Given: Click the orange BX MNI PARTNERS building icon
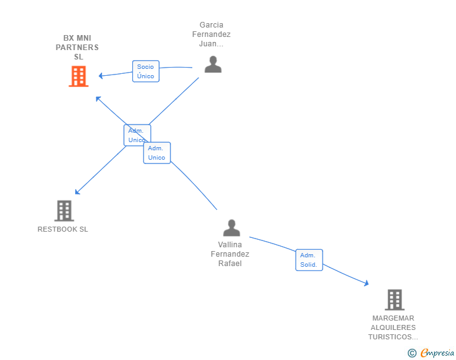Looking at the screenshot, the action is point(78,76).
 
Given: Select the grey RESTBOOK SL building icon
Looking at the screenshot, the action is point(65,211).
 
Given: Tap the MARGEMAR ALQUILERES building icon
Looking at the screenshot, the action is point(395,300).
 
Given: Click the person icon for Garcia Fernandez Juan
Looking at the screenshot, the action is point(213,64).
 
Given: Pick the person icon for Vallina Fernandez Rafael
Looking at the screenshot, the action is point(232,228).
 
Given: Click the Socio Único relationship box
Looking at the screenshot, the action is point(146,71).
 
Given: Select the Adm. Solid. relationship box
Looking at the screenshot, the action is point(309,260).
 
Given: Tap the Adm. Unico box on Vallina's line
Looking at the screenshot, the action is point(157,153).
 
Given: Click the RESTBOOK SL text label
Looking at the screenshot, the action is point(63,229).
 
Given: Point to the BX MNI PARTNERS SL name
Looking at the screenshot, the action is point(78,48).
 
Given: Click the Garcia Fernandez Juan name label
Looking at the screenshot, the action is point(212,34).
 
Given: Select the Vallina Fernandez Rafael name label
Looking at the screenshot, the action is point(230,254).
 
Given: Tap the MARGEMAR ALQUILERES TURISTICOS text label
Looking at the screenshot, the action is point(393,327).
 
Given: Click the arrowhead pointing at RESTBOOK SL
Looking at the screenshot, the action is point(77,192).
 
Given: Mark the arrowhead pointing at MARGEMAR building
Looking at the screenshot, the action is point(366,283).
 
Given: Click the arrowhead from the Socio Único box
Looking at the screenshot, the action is point(101,76).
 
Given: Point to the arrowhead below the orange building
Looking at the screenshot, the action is point(98,98).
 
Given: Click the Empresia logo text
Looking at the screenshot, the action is point(437,352).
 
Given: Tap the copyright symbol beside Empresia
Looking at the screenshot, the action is point(412,353).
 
